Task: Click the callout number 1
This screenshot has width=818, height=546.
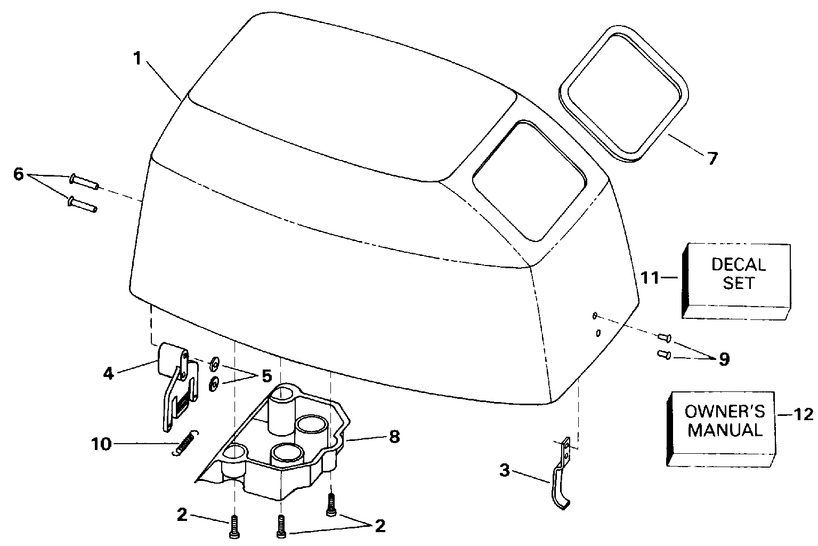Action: tap(137, 58)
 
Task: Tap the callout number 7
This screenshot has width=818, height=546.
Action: tap(712, 158)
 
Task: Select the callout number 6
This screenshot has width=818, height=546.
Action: tap(19, 174)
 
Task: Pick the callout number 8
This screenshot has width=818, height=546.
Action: tap(394, 437)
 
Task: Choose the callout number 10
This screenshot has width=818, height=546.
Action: tap(101, 444)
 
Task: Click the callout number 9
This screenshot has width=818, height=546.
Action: tap(724, 359)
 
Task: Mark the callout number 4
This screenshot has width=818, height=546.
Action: tap(109, 373)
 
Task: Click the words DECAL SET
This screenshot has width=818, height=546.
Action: tap(738, 273)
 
